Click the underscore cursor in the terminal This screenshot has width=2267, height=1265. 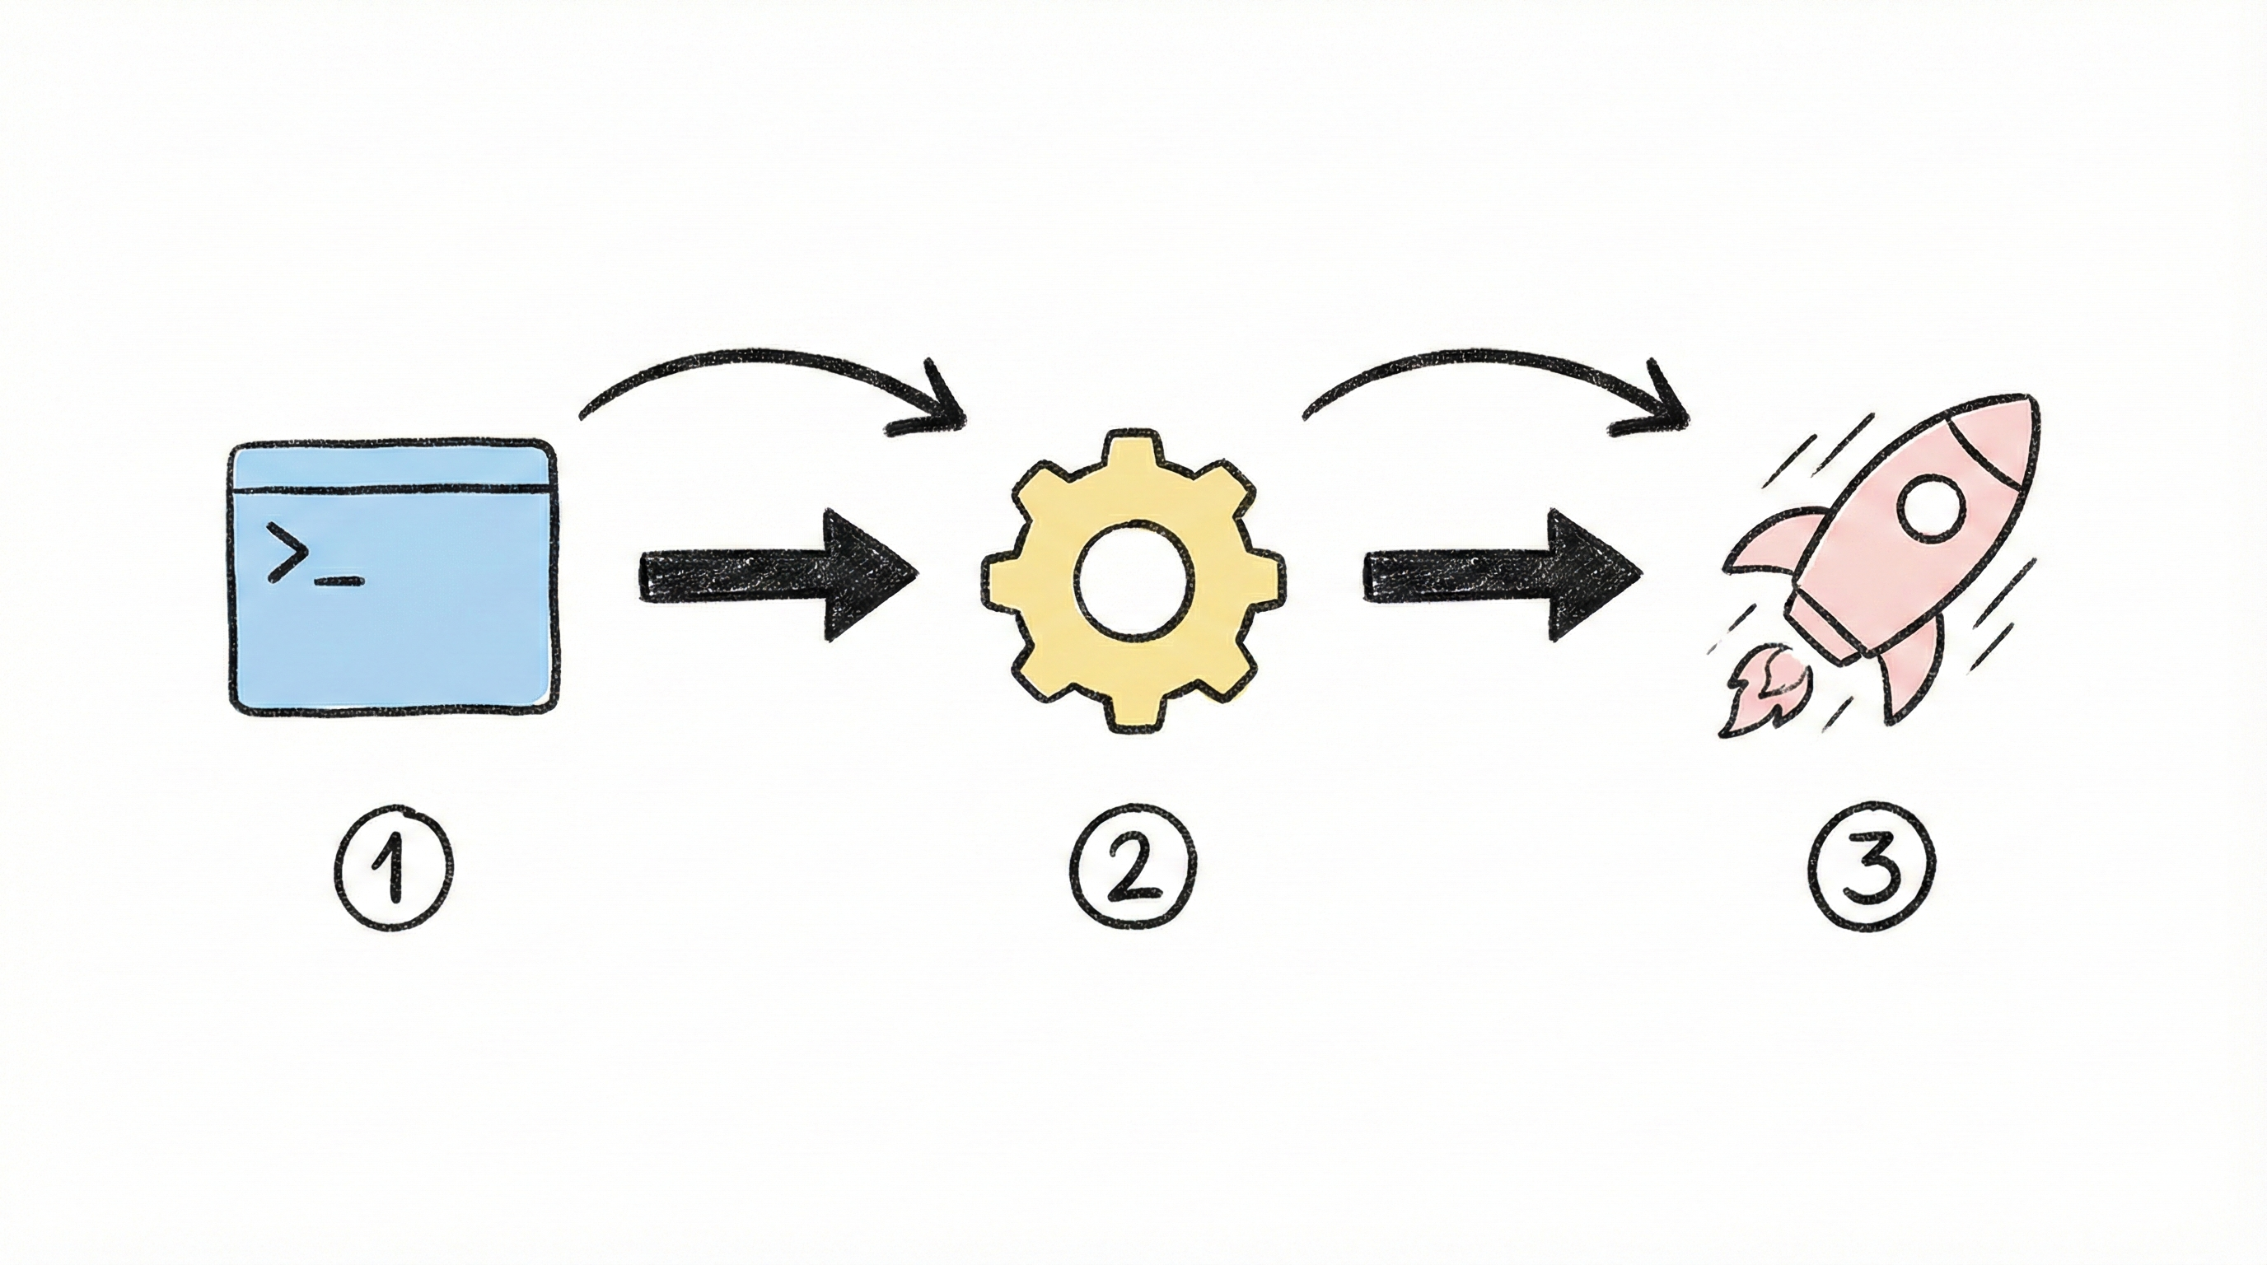point(339,581)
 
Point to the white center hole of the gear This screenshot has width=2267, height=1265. point(1133,581)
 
